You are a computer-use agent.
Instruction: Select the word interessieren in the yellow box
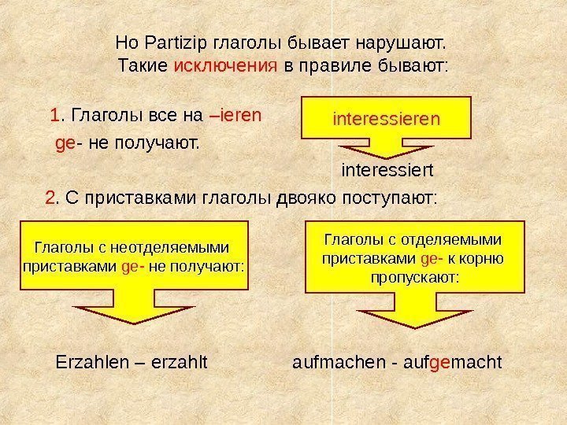(x=387, y=120)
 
